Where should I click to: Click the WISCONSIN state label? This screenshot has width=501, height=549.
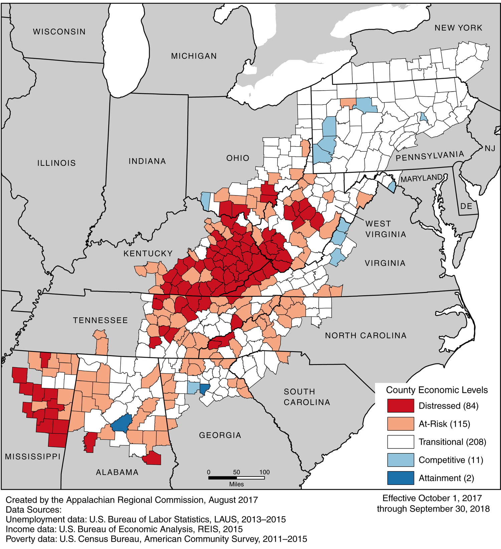pos(59,32)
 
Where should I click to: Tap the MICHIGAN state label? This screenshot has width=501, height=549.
pos(194,56)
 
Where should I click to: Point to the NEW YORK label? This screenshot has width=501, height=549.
pos(458,28)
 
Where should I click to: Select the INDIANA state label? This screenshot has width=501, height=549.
pos(147,161)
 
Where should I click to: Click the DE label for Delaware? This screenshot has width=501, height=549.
pos(466,206)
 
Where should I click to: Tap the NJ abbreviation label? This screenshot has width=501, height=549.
pos(490,148)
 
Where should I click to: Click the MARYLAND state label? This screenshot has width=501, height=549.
pos(422,178)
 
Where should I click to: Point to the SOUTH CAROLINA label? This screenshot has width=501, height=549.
pos(307,397)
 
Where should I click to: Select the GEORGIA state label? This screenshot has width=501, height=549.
pos(220,435)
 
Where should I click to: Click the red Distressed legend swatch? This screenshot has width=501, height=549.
pos(400,406)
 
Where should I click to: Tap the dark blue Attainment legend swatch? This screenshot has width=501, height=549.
pos(400,478)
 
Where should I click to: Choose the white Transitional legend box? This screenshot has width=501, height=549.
pos(400,442)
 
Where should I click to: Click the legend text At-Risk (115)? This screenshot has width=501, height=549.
pos(444,424)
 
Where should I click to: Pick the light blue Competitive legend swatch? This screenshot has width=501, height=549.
pos(400,460)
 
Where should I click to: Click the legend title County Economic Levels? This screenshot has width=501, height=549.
pos(437,390)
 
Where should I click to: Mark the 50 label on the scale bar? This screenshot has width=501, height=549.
pos(236,472)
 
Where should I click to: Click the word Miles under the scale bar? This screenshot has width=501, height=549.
pos(236,484)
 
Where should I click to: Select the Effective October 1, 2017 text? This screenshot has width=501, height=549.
pos(432,498)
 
